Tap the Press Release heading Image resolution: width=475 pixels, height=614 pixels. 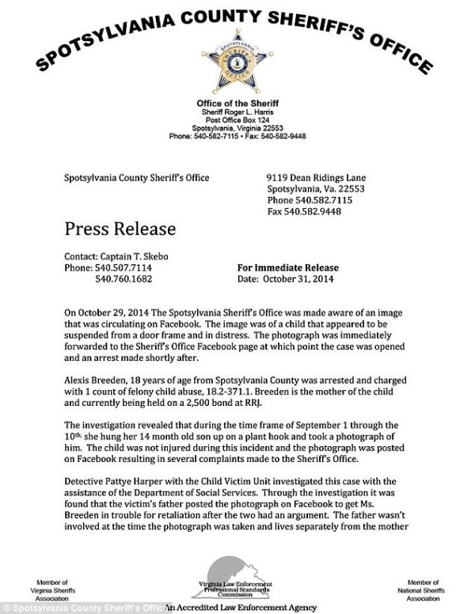[x=119, y=229]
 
